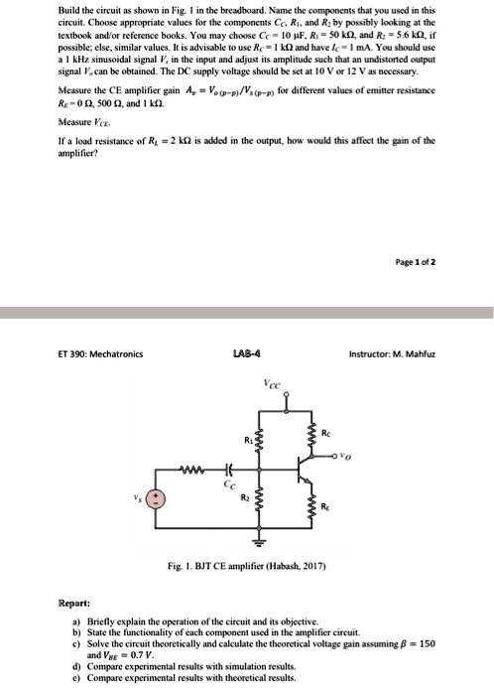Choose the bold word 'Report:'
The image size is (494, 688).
click(x=74, y=603)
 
